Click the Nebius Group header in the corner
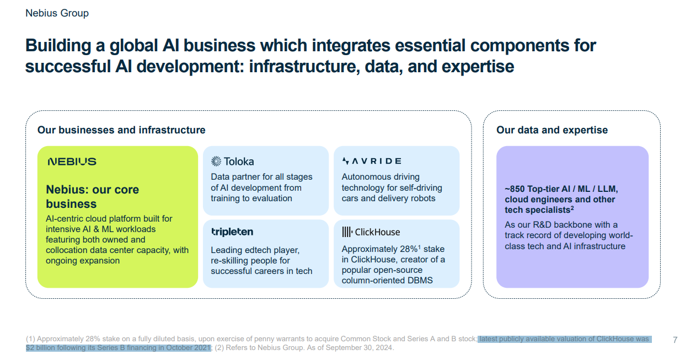pos(57,13)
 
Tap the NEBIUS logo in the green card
pos(72,162)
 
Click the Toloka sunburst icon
pos(216,161)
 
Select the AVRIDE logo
pos(372,161)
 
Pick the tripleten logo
pos(232,232)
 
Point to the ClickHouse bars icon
pos(347,232)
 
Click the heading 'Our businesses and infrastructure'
pos(121,130)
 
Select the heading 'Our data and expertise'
pos(552,130)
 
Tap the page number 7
pos(675,340)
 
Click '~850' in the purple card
pos(515,189)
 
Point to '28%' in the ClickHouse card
pos(409,249)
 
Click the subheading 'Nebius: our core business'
pos(92,196)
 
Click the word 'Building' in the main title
pos(58,46)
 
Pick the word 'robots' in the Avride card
pos(421,198)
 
